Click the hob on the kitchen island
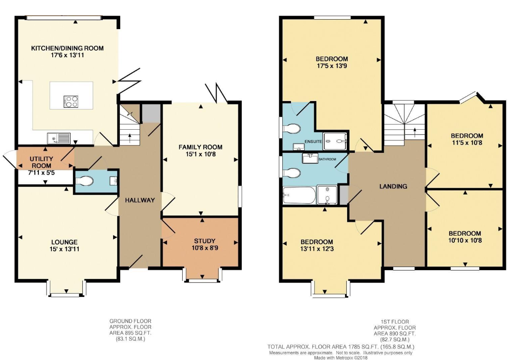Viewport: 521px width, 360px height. [71, 101]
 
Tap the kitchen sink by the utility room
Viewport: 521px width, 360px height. [59, 138]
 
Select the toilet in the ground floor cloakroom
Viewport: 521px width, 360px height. [84, 181]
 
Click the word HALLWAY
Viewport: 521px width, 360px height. [140, 200]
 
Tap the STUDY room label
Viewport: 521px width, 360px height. [205, 241]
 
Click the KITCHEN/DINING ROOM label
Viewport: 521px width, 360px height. [67, 48]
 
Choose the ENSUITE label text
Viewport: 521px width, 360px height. [313, 142]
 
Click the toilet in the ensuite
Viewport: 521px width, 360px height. [292, 128]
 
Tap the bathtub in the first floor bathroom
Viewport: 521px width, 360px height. [299, 195]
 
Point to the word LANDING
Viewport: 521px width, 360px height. [393, 186]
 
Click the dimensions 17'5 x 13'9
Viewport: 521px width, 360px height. [332, 66]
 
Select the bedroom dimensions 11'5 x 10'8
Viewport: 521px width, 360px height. [467, 143]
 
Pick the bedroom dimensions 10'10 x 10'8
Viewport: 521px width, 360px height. [465, 240]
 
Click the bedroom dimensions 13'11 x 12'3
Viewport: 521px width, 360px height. [317, 249]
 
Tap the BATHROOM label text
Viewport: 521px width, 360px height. [327, 159]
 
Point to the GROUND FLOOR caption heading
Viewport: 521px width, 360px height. [130, 321]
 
